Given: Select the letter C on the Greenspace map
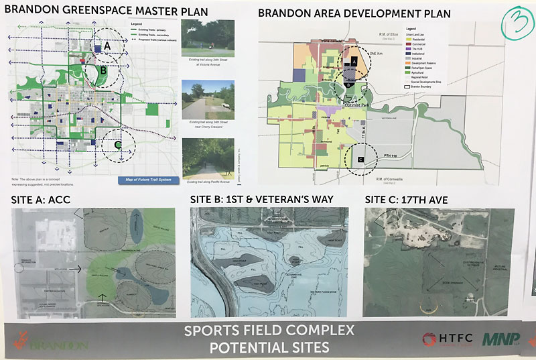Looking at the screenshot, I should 117,143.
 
